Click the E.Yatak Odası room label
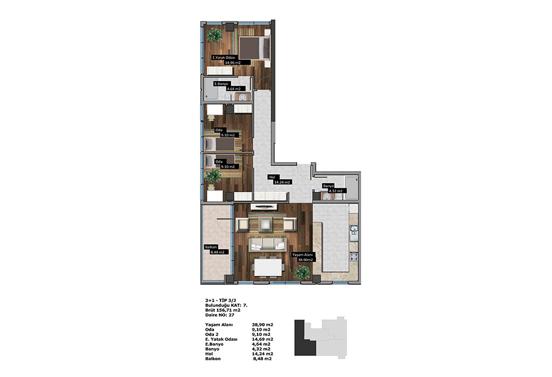(224, 57)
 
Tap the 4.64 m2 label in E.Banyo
(234, 89)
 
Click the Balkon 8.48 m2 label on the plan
(215, 250)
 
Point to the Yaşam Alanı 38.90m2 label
(303, 257)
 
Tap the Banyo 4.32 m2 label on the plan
(332, 188)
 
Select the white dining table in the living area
(268, 268)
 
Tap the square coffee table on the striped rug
(265, 224)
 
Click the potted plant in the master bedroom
(213, 35)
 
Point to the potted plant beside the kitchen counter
(302, 272)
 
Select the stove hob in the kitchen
(354, 257)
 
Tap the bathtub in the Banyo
(351, 188)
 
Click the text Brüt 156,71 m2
(223, 310)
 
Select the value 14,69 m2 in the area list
(263, 339)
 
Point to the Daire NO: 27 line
(219, 315)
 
